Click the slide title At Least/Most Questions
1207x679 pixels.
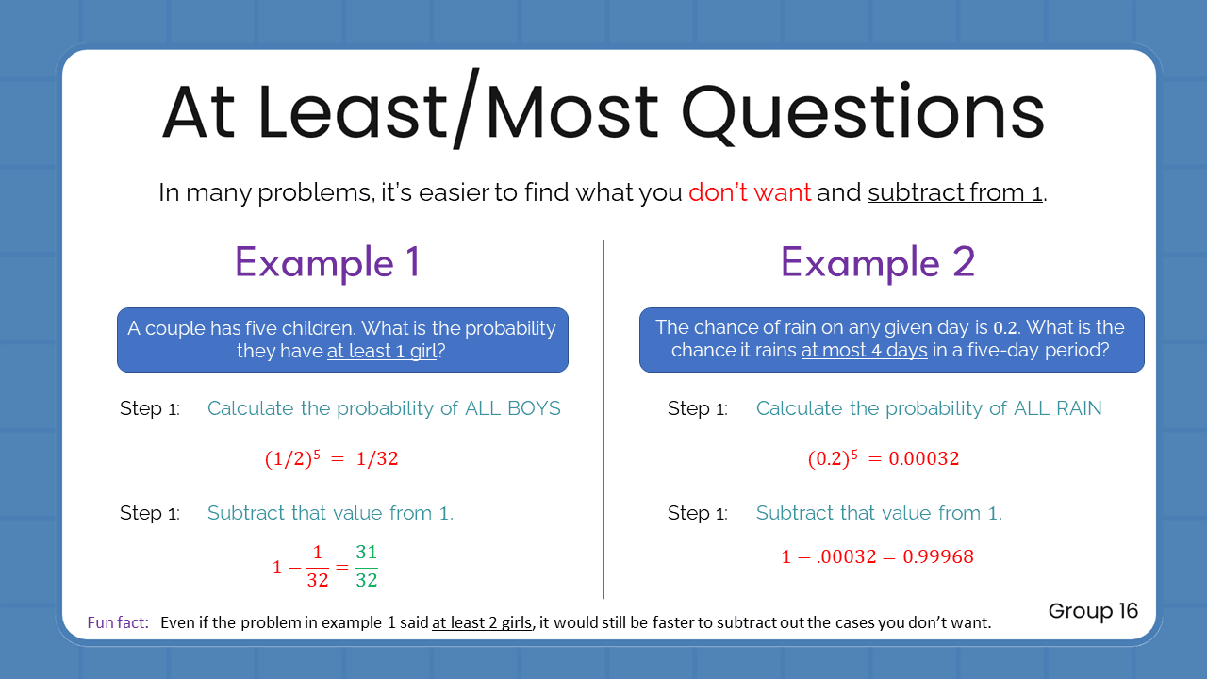[x=603, y=111]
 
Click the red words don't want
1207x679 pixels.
[x=749, y=192]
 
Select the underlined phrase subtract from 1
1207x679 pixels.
[x=956, y=192]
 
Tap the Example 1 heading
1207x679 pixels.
[x=327, y=262]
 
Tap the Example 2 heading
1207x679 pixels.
[x=877, y=262]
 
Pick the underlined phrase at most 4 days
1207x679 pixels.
[x=864, y=351]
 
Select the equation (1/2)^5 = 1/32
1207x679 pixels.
[x=331, y=459]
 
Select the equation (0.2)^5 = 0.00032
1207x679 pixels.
[x=883, y=459]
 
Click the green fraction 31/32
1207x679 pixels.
[x=367, y=566]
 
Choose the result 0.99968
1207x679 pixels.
[x=938, y=556]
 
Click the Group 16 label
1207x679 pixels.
[x=1093, y=611]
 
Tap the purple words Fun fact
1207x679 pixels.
[x=117, y=622]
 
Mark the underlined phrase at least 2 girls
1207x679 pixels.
[x=482, y=622]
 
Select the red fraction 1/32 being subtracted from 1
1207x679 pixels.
[x=318, y=566]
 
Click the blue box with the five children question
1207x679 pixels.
[x=342, y=339]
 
